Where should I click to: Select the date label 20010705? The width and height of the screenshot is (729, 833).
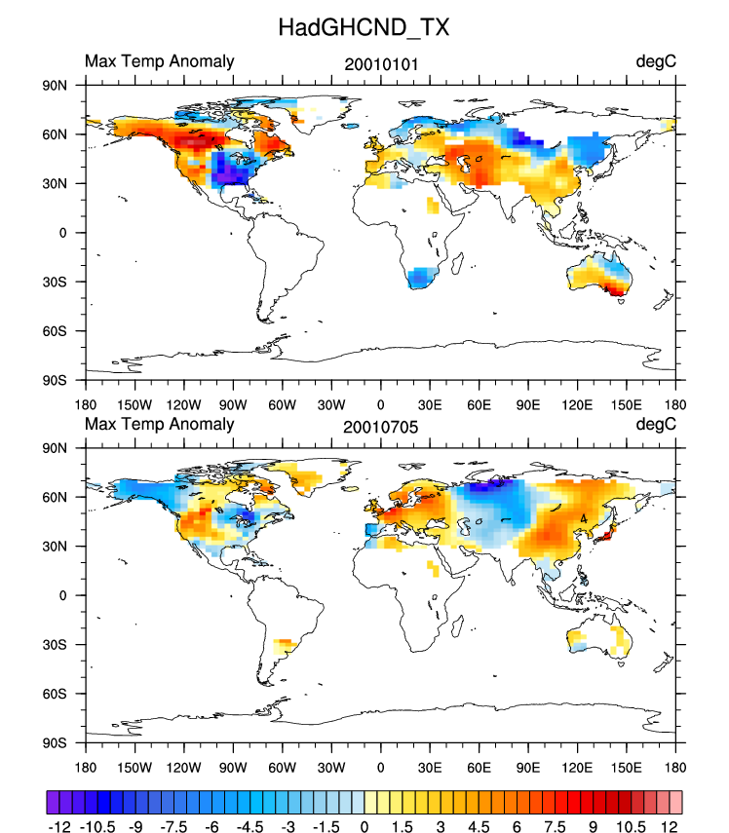click(377, 426)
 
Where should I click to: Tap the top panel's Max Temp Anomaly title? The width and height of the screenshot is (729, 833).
click(160, 61)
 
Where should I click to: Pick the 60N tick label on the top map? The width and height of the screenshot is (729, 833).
click(53, 133)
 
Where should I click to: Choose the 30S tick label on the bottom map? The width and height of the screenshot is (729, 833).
click(53, 645)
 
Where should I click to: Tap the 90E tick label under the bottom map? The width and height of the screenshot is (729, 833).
click(527, 767)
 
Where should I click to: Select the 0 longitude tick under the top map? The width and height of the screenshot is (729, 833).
click(380, 404)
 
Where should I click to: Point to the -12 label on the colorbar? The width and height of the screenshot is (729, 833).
click(59, 825)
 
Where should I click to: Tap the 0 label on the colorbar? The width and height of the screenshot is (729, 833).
click(364, 825)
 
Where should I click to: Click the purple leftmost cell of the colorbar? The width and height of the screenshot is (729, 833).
click(54, 801)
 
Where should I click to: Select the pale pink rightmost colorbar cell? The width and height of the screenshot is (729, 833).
click(674, 801)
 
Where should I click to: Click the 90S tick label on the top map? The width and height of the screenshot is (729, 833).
click(53, 380)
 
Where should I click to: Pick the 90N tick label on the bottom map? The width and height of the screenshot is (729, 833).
click(53, 448)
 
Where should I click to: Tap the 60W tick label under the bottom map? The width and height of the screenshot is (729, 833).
click(282, 767)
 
